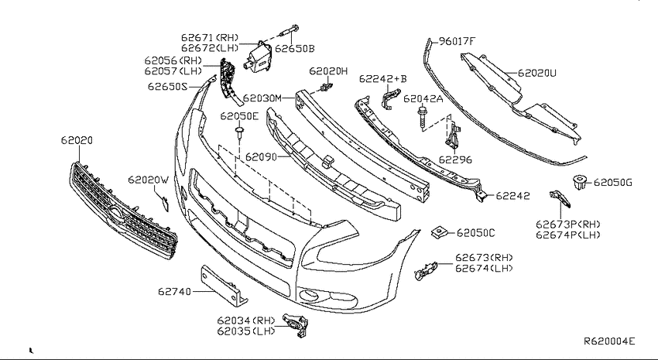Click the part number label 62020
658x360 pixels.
tap(77, 140)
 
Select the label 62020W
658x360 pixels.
tap(148, 180)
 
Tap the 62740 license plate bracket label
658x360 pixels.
tap(175, 291)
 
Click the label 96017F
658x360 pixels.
tap(457, 41)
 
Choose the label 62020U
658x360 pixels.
tap(537, 73)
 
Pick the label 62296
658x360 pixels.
tap(455, 159)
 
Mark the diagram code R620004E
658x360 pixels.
tap(610, 341)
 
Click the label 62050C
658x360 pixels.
tap(476, 233)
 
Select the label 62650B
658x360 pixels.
tap(295, 49)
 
